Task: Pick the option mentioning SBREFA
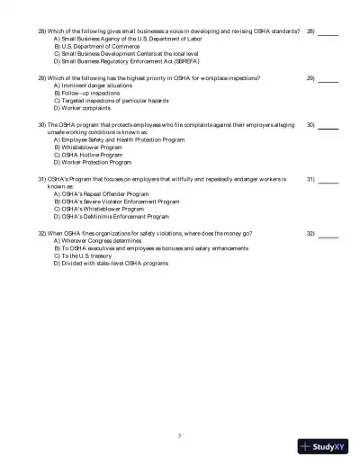125,61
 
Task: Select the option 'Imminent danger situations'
91,85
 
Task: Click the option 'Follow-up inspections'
86,93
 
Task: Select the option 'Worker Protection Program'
95,162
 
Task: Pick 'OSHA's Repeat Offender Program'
101,194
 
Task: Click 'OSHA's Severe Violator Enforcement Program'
118,202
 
